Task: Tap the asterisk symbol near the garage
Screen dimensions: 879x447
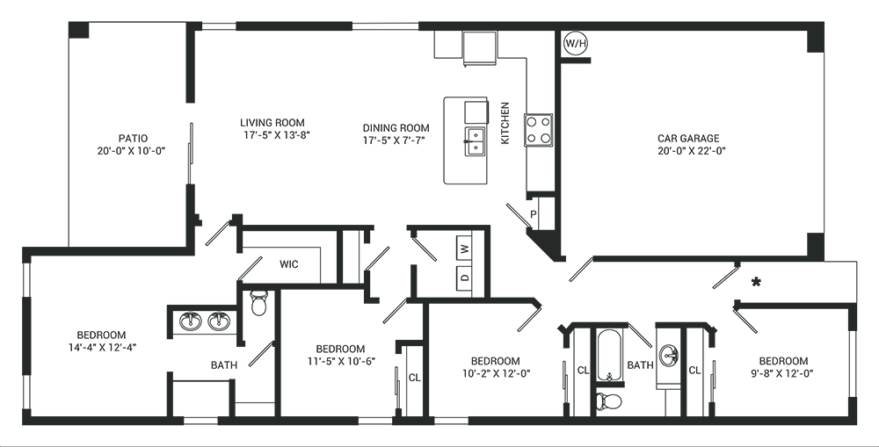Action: [756, 283]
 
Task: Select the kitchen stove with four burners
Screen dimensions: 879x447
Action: [538, 130]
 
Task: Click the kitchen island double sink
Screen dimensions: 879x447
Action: [476, 141]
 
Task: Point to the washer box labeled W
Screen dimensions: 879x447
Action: [463, 249]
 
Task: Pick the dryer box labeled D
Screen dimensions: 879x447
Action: [463, 277]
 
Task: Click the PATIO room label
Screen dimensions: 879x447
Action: [134, 139]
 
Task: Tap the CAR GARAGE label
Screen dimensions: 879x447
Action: [688, 139]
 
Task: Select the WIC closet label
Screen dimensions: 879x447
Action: [289, 264]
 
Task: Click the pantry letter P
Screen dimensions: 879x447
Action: [533, 214]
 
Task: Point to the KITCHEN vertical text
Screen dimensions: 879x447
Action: [505, 123]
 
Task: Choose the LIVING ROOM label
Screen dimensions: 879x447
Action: [272, 123]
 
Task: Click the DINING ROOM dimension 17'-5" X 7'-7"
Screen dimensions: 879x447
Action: [396, 140]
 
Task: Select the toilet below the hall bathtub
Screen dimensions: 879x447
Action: [609, 401]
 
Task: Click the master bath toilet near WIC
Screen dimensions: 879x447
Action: [258, 302]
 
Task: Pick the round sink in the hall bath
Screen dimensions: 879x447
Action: [668, 355]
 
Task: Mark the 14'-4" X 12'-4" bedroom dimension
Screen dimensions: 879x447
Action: [102, 347]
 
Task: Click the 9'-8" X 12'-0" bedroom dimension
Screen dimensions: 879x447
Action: [784, 373]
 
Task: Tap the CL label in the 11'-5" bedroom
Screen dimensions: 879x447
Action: [414, 379]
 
